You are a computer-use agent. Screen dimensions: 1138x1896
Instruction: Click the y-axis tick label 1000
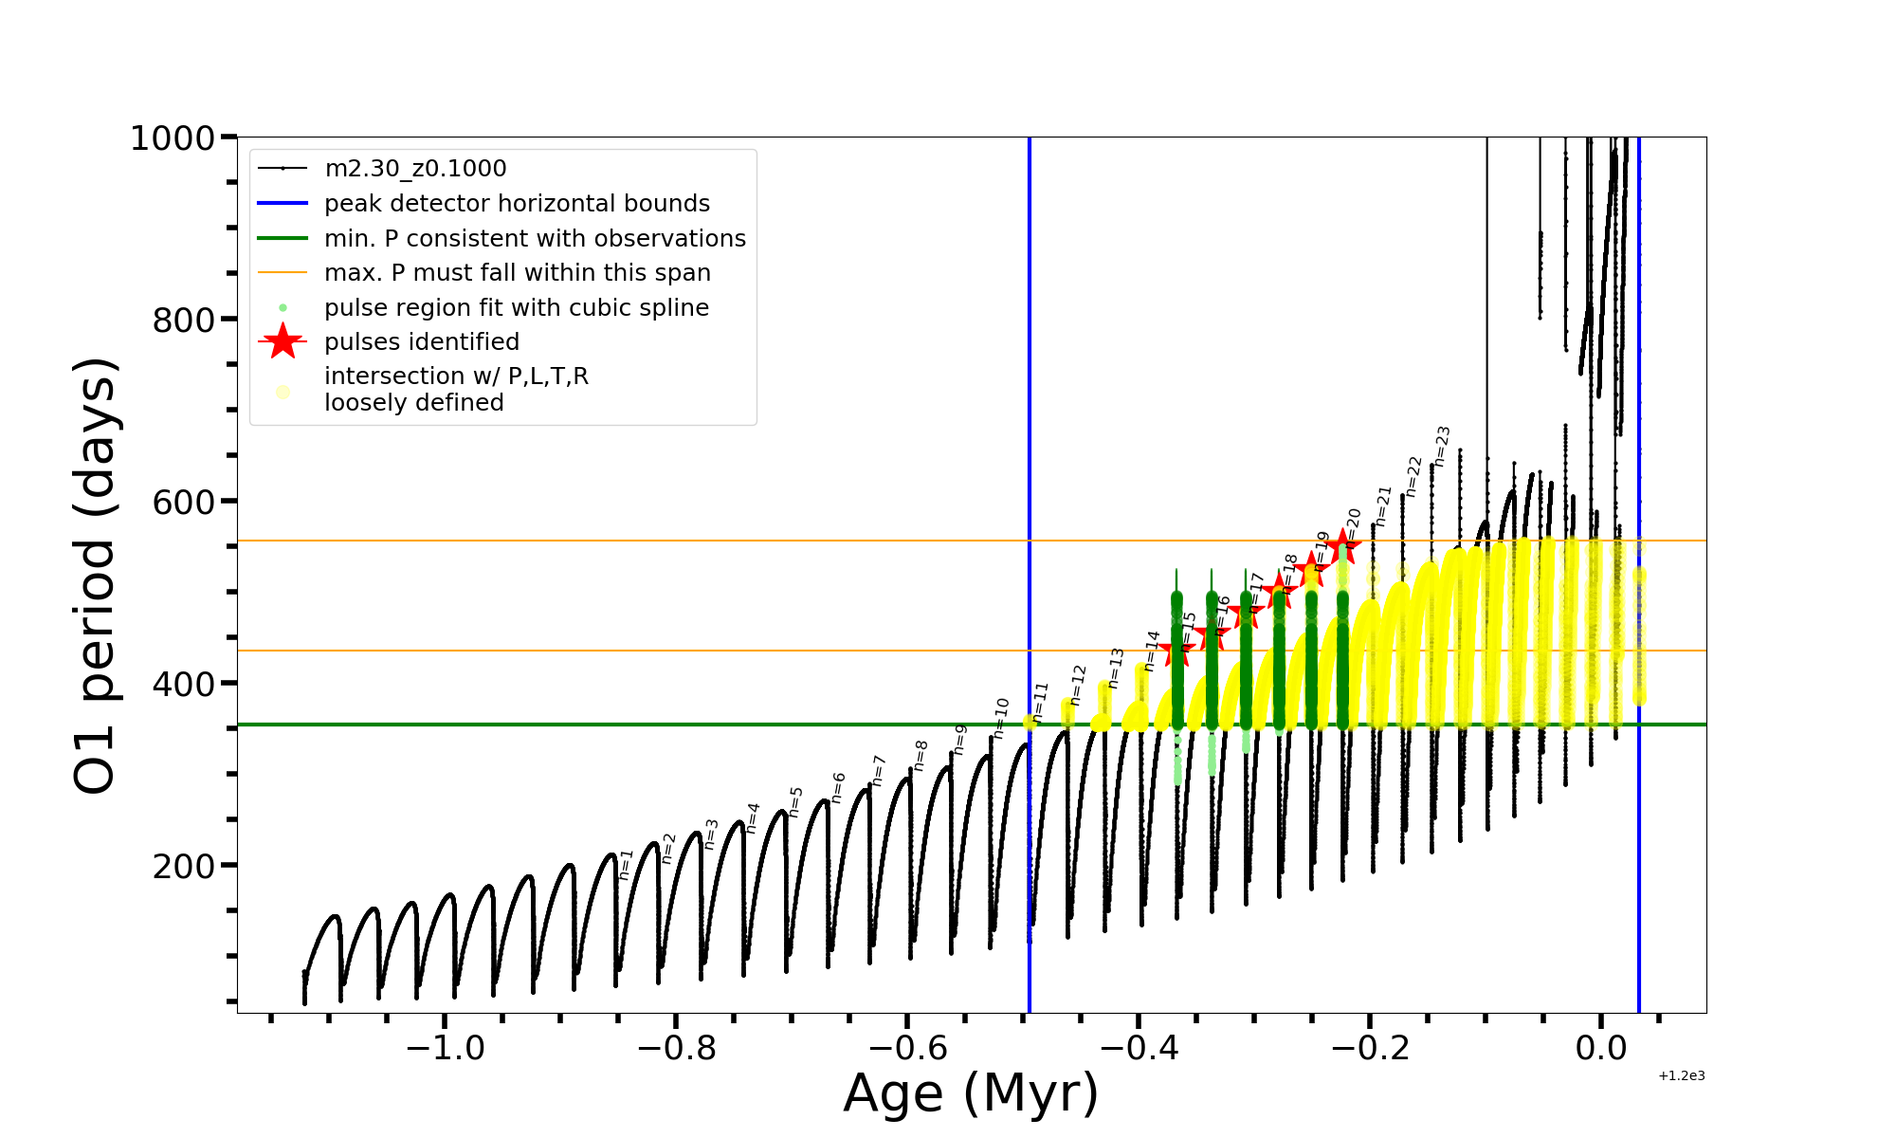click(x=172, y=138)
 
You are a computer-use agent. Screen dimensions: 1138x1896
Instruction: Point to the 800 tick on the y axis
click(x=184, y=321)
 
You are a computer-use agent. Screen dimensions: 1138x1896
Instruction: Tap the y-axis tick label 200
click(x=184, y=866)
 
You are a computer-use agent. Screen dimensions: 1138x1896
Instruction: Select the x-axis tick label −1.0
click(x=445, y=1048)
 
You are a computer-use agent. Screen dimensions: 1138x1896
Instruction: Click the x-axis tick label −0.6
click(x=907, y=1048)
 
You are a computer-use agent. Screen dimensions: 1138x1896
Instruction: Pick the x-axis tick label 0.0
click(x=1601, y=1048)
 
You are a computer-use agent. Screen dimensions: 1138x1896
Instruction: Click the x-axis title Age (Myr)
click(x=971, y=1093)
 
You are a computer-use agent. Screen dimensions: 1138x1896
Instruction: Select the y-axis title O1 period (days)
click(x=95, y=576)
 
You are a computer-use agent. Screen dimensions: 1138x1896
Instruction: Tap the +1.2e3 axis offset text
click(x=1682, y=1075)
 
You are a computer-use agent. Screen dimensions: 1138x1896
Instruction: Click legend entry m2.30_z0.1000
click(x=415, y=169)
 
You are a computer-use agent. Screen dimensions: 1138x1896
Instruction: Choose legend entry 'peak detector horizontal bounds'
click(x=517, y=204)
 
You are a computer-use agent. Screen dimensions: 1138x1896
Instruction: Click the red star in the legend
click(x=283, y=341)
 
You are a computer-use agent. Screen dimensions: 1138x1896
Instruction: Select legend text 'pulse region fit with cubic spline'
click(x=516, y=308)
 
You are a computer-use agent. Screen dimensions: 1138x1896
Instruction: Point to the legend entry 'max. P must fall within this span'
click(x=517, y=273)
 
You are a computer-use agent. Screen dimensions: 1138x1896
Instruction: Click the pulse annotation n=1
click(x=626, y=864)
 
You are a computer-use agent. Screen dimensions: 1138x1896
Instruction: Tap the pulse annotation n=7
click(x=879, y=770)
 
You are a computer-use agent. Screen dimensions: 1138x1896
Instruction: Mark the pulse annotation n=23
click(x=1442, y=446)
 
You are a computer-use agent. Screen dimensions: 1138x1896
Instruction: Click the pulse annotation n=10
click(x=1000, y=718)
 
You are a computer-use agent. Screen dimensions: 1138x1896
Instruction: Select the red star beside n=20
click(x=1342, y=546)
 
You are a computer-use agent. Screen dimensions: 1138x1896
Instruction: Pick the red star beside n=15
click(x=1176, y=652)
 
